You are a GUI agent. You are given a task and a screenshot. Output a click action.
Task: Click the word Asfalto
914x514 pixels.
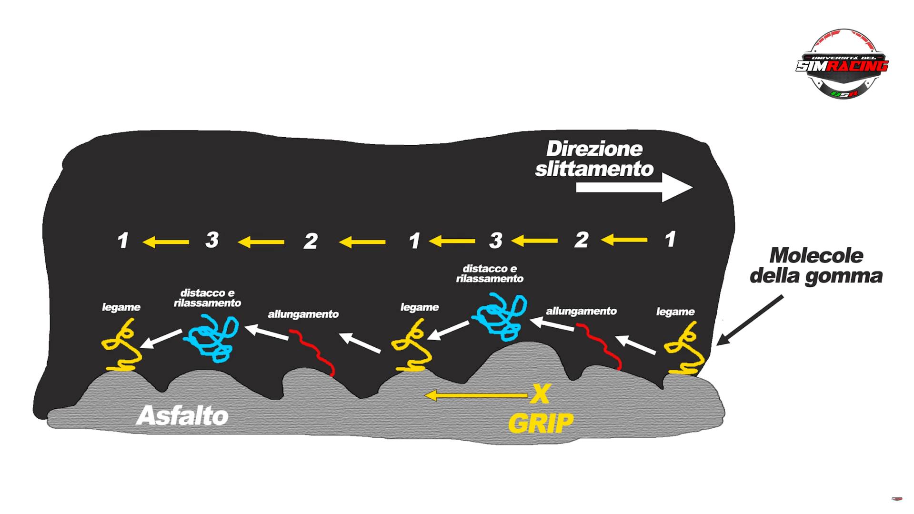tap(182, 415)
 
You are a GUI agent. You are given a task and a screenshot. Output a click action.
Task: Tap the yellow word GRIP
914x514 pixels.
tap(541, 423)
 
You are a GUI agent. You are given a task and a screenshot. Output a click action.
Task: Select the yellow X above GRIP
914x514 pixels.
tap(540, 394)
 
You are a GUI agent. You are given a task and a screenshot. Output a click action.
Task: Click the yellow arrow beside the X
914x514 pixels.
tap(476, 395)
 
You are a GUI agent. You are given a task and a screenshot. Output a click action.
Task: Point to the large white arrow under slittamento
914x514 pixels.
tap(633, 187)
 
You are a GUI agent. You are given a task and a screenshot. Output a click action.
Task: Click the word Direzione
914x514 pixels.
tap(594, 149)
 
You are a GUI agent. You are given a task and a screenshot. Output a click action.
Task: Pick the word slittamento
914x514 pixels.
tap(594, 169)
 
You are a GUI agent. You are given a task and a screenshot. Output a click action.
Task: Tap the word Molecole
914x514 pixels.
tap(816, 256)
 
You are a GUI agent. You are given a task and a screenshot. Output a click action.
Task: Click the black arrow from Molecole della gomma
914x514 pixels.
tap(750, 320)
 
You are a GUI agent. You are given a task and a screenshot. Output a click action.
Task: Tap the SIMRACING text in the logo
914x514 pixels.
tap(842, 66)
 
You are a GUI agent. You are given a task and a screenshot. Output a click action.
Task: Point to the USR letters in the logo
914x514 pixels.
tap(844, 93)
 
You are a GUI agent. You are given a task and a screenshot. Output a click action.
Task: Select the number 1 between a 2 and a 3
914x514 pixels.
tap(414, 241)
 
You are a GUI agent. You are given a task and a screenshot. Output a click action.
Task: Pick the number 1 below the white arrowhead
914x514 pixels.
tap(670, 239)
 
